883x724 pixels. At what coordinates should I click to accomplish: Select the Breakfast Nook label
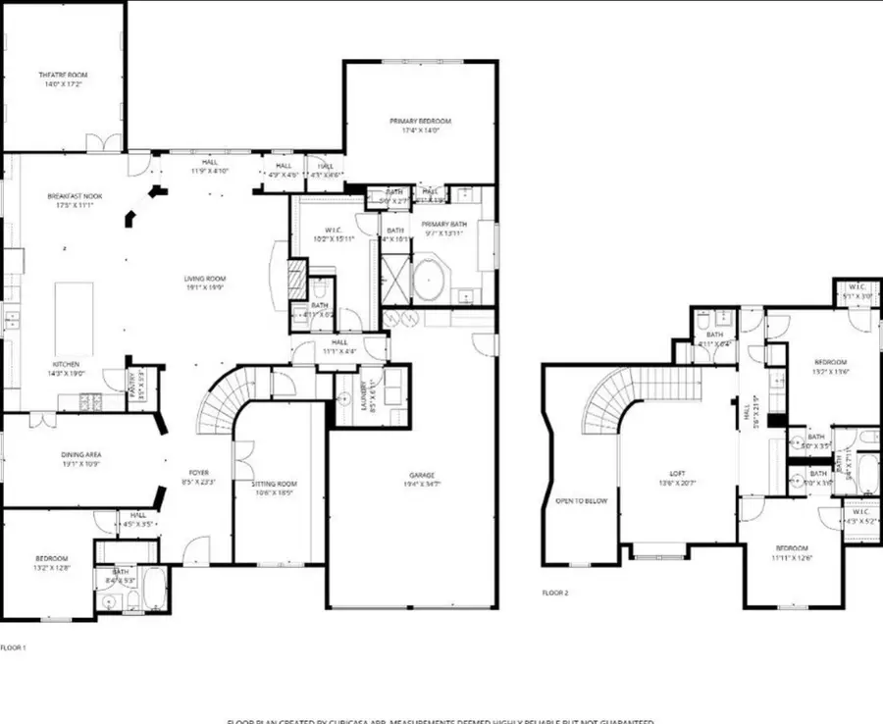tap(75, 196)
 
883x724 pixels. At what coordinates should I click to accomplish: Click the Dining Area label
tap(80, 454)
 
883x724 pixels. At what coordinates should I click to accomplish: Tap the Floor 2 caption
tap(555, 593)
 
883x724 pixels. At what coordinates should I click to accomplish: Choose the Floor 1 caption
tap(13, 647)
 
